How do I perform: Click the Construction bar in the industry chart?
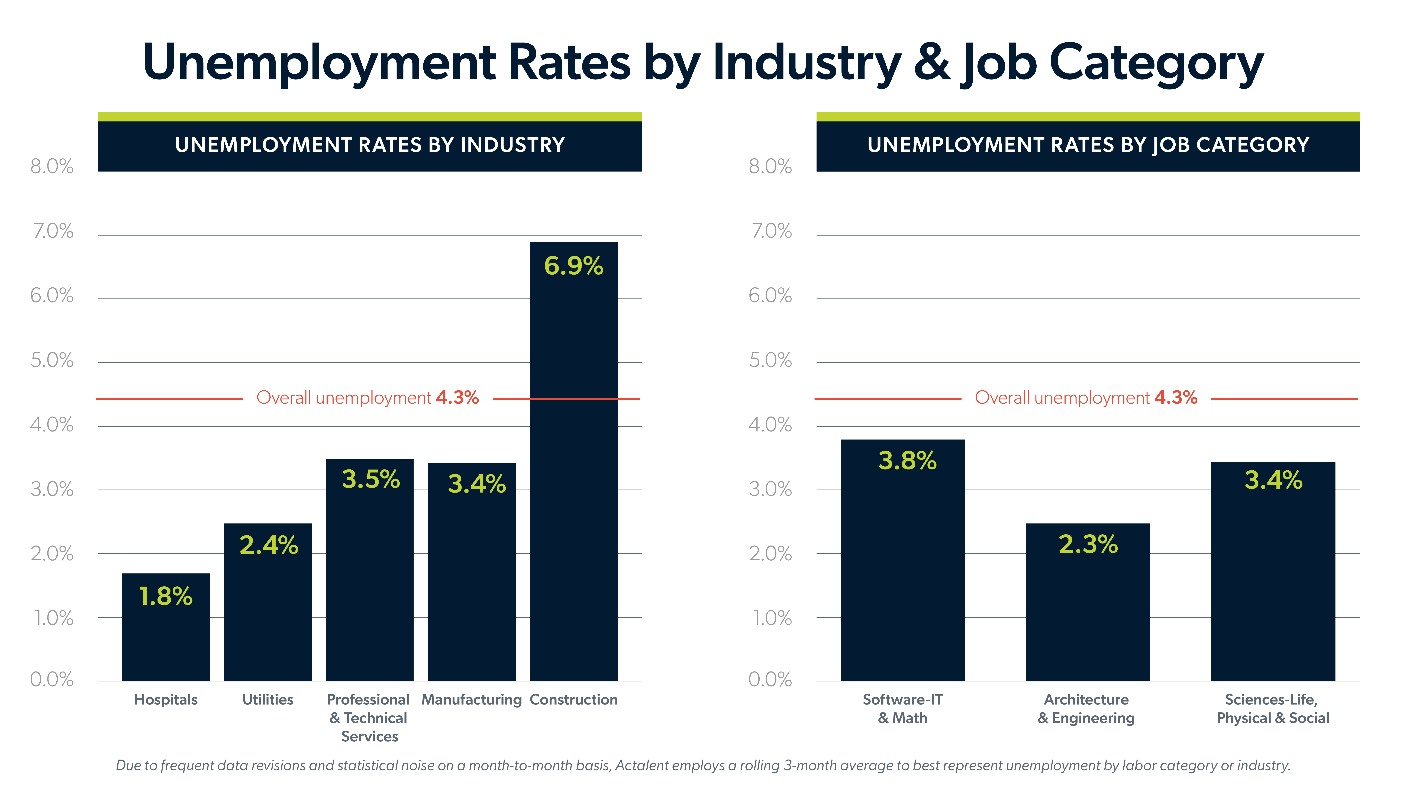click(x=574, y=491)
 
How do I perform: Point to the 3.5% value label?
click(x=371, y=479)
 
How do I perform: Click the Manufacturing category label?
click(x=472, y=699)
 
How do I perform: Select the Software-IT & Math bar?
click(x=902, y=573)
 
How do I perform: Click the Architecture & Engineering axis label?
click(x=1086, y=709)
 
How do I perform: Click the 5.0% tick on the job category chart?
click(x=770, y=360)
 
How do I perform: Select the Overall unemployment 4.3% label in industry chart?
click(x=367, y=398)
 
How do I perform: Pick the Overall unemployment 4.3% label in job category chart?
click(x=1086, y=398)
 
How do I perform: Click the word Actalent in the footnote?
click(x=643, y=765)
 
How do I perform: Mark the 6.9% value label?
click(x=574, y=266)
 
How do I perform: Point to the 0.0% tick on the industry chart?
click(x=52, y=680)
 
